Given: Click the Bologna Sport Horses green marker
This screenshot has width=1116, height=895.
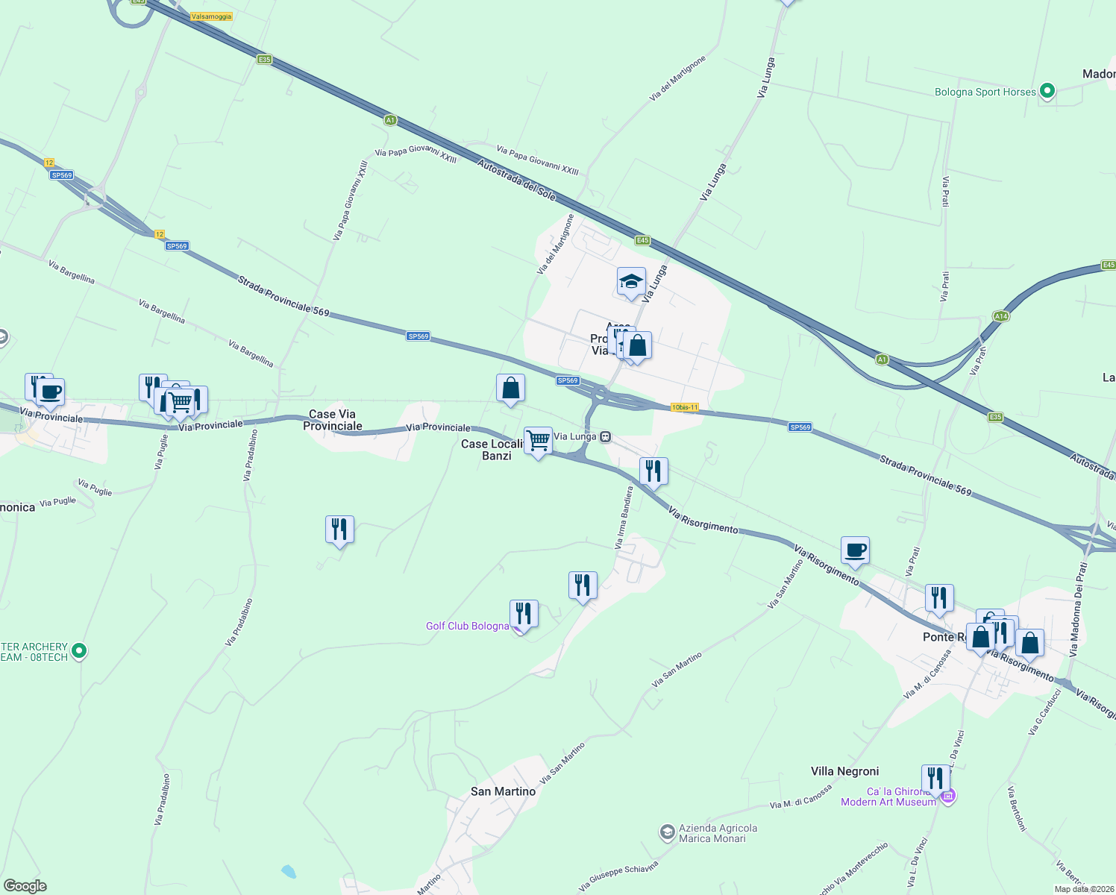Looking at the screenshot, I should click(1047, 91).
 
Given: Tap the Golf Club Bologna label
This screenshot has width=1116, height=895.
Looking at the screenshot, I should click(467, 626).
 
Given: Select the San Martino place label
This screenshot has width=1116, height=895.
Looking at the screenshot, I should click(503, 791).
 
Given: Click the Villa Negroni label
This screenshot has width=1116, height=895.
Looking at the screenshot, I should click(844, 771).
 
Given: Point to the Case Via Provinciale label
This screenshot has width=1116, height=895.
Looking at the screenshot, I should click(333, 420).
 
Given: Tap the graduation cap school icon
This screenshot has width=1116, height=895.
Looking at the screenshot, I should click(631, 283).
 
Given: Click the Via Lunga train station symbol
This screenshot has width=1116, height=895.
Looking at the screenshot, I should click(606, 436).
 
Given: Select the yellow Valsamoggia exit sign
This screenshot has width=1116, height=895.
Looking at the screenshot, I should click(211, 16).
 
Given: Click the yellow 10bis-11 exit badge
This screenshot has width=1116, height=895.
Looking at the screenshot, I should click(685, 407).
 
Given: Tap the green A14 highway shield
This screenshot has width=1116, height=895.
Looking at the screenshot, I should click(1000, 316).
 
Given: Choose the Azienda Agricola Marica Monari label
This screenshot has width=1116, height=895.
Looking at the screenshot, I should click(718, 833).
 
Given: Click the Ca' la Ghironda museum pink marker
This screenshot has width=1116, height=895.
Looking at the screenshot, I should click(948, 797).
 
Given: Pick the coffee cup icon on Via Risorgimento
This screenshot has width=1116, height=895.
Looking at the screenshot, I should click(855, 550).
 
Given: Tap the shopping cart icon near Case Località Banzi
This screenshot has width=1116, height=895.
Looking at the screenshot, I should click(538, 441).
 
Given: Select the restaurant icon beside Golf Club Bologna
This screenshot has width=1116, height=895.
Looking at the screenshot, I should click(524, 614).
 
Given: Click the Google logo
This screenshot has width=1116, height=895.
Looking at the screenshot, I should click(25, 886).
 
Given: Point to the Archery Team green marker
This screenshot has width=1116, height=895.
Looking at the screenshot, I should click(79, 651).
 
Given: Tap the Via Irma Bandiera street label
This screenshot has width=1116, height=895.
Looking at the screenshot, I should click(624, 518).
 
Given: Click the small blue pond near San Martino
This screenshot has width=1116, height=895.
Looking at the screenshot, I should click(288, 870).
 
